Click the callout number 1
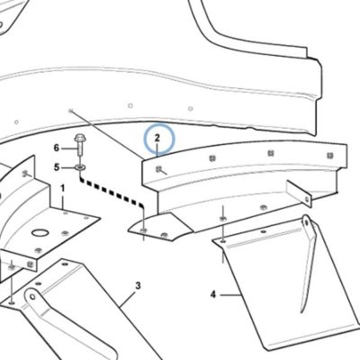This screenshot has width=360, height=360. tap(63, 188)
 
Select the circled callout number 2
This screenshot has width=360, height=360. tap(157, 139)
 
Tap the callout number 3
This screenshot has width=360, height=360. tap(138, 285)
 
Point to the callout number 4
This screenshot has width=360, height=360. tap(213, 294)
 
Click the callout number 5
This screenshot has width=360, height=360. tap(57, 167)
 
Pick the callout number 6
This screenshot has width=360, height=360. tap(57, 148)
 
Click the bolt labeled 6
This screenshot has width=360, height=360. tap(80, 145)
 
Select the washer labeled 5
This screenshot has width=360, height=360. tap(80, 166)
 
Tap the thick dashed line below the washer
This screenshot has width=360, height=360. tap(112, 192)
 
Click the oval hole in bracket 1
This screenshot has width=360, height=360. tap(40, 233)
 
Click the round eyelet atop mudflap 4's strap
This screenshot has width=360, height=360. tap(306, 222)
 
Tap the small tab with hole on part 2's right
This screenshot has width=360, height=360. tap(299, 193)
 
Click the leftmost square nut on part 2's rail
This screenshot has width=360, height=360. tap(158, 169)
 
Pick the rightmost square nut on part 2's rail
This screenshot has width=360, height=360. tap(330, 155)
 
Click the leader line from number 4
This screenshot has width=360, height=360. tap(231, 295)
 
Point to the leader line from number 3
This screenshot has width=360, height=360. tap(128, 300)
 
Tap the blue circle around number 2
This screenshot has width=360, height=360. tap(159, 139)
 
